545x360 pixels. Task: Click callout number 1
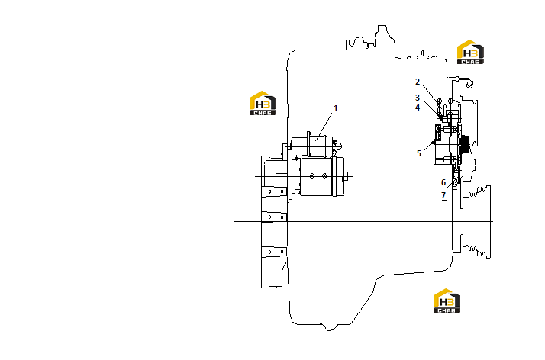[x=336, y=108]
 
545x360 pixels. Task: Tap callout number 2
[x=418, y=82]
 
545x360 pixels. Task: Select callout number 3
[x=418, y=98]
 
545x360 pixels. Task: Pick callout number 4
[x=418, y=108]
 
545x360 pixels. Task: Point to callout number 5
[x=419, y=153]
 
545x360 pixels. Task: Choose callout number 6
[x=443, y=182]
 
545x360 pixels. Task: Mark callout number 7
[x=443, y=195]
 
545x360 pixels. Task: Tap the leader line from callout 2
[x=431, y=94]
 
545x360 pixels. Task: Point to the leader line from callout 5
[x=428, y=146]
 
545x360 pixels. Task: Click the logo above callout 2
[x=470, y=52]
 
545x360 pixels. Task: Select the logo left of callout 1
[x=263, y=103]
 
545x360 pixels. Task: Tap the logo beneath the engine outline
[x=447, y=301]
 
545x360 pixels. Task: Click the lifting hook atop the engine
[x=469, y=83]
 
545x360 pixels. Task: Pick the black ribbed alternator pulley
[x=465, y=144]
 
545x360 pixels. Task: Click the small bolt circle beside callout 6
[x=454, y=183]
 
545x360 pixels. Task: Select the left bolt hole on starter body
[x=312, y=176]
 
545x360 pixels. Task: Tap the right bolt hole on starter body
[x=324, y=176]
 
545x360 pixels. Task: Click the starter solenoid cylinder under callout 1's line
[x=312, y=146]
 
